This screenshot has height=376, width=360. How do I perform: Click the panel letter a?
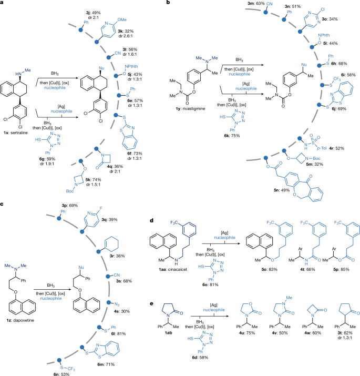3,4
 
